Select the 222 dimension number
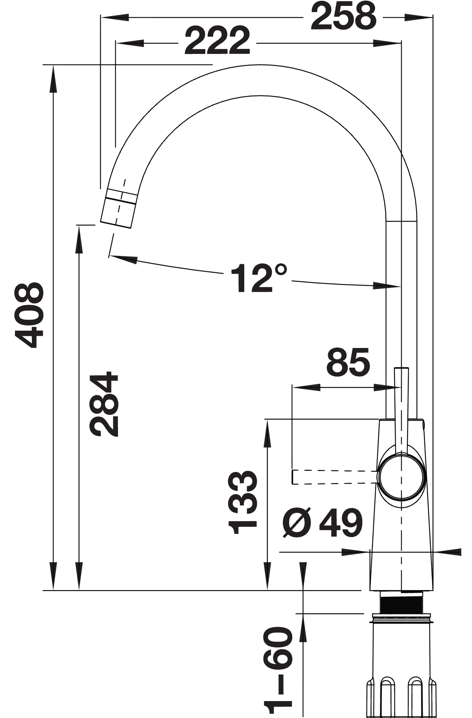point(217,41)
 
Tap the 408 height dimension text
point(29,315)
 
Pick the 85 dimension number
point(348,362)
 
